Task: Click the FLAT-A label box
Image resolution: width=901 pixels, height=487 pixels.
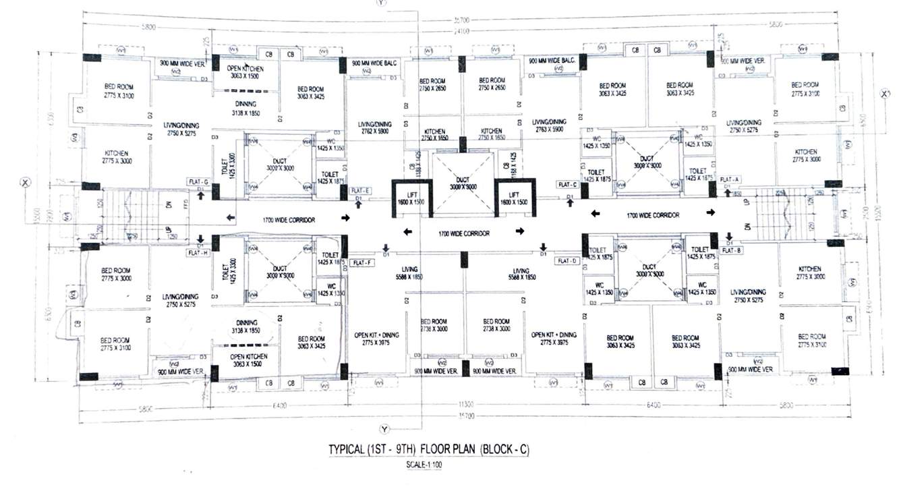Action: point(730,179)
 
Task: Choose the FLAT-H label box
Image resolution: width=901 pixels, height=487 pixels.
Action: point(199,253)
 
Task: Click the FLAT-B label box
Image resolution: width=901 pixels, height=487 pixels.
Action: point(732,250)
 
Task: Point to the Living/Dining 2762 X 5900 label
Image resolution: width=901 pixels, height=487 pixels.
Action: point(374,128)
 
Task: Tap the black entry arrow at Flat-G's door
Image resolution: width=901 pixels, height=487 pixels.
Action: point(200,196)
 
